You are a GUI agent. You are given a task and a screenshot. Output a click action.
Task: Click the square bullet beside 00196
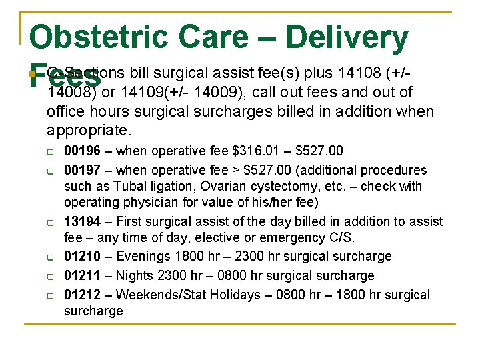tap(51, 152)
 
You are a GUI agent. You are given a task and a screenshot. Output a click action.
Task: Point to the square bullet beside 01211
tap(51, 276)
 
